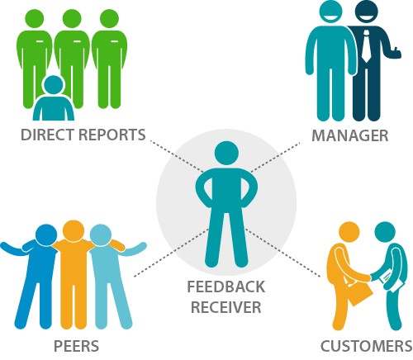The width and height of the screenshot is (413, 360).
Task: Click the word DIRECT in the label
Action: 47,135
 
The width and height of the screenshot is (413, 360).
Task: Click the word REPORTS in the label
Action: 112,135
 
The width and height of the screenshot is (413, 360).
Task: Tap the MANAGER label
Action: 350,135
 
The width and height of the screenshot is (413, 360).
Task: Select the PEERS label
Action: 76,346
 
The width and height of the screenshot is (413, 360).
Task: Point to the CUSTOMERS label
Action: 367,346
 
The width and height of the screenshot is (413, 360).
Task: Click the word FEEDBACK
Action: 225,287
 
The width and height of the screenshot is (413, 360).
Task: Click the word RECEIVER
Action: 226,307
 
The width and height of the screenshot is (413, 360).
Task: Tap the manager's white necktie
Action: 366,46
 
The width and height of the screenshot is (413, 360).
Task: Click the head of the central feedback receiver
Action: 226,153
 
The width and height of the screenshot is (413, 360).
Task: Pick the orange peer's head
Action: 74,230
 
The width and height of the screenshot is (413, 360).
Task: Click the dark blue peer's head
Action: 46,235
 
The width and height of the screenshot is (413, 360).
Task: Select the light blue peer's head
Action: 101,235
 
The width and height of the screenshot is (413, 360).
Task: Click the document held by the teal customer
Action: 390,279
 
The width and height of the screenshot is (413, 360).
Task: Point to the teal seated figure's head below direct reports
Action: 53,85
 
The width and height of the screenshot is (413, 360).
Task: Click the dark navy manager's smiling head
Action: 366,11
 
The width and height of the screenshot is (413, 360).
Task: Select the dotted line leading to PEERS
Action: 171,253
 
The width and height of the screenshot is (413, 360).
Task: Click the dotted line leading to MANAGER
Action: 276,157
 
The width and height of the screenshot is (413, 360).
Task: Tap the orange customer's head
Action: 349,232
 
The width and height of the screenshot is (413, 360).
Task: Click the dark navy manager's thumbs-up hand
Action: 396,53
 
